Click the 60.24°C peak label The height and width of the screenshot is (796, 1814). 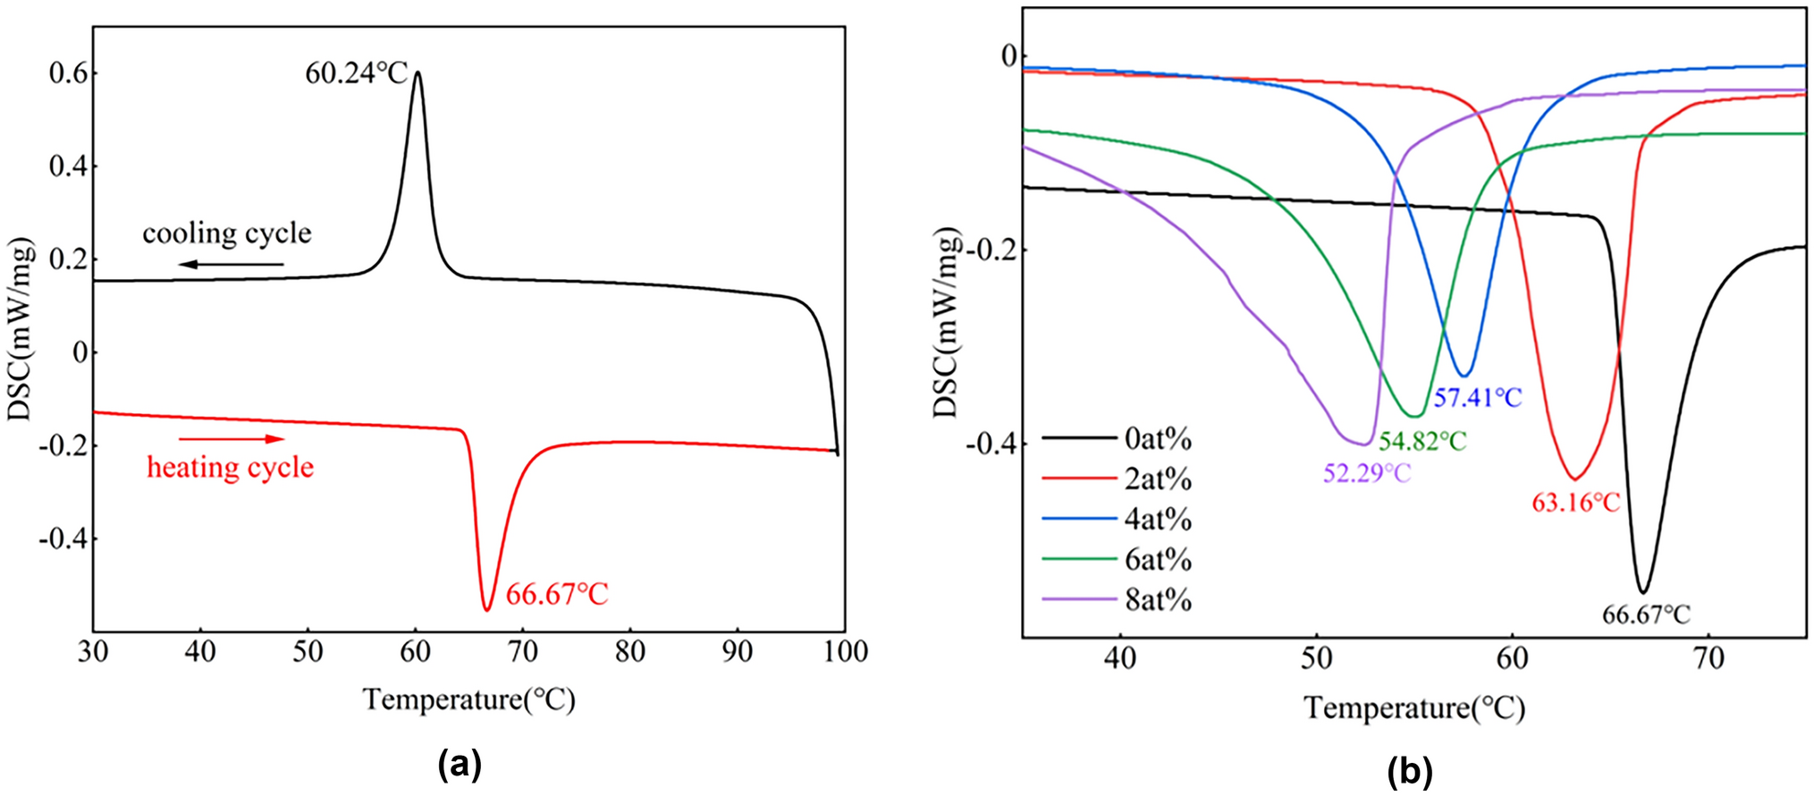tap(356, 73)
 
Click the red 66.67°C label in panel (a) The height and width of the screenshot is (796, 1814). tap(557, 595)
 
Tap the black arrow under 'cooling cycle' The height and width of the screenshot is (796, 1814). tap(230, 265)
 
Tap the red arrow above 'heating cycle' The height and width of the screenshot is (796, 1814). tap(232, 439)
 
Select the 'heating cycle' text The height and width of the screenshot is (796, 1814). tap(230, 468)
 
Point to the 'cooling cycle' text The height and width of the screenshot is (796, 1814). tap(227, 233)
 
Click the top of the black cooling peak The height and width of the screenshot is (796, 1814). tap(417, 73)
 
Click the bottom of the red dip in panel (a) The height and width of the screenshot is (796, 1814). tap(487, 610)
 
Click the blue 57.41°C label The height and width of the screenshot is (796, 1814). tap(1477, 398)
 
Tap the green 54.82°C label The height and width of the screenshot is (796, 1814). tap(1422, 441)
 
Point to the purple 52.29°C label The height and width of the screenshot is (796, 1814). tap(1366, 473)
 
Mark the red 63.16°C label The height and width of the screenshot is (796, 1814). tap(1575, 504)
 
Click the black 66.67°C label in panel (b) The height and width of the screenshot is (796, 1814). tap(1645, 615)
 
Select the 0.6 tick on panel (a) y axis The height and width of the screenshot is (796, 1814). tap(68, 73)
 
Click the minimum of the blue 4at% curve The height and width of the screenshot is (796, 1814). tap(1464, 376)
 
